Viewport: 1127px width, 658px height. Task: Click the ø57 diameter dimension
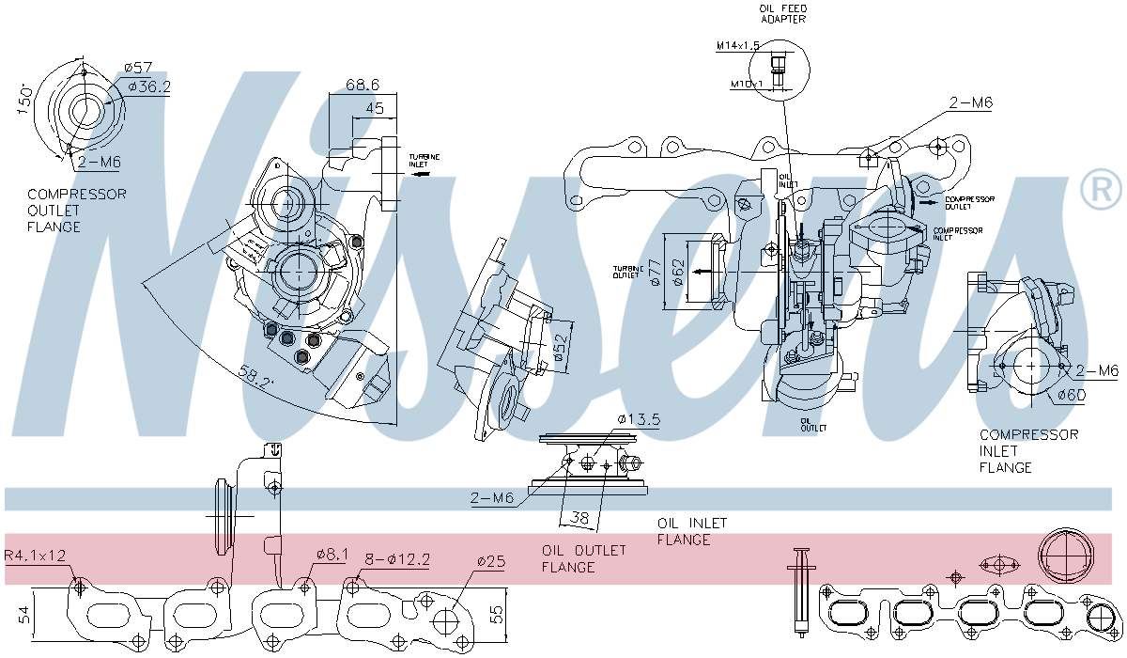coord(139,68)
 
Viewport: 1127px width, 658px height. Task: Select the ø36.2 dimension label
coord(149,86)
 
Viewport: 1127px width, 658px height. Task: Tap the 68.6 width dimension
coord(362,85)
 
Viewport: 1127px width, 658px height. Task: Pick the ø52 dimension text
coord(561,347)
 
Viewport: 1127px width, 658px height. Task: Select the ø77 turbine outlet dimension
coord(655,273)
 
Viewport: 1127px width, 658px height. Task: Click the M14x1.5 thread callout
coord(739,45)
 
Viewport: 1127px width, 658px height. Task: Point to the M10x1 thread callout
coord(747,84)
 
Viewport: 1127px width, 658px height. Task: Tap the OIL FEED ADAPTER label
coord(783,13)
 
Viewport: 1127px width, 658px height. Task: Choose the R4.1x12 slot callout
coord(36,556)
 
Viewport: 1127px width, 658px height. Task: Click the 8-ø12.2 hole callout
coord(399,559)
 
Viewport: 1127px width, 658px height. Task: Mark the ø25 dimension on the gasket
coord(490,561)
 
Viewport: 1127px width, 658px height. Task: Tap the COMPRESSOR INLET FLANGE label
coord(1028,451)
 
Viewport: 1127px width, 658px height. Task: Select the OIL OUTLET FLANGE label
coord(582,558)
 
